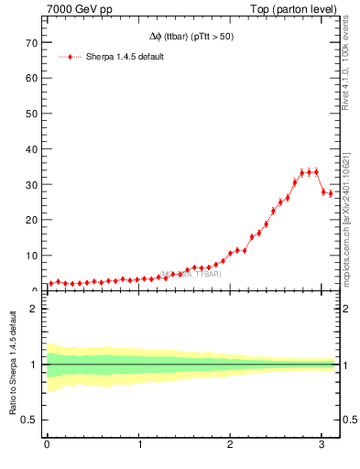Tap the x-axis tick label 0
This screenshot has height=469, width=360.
[x=47, y=445]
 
